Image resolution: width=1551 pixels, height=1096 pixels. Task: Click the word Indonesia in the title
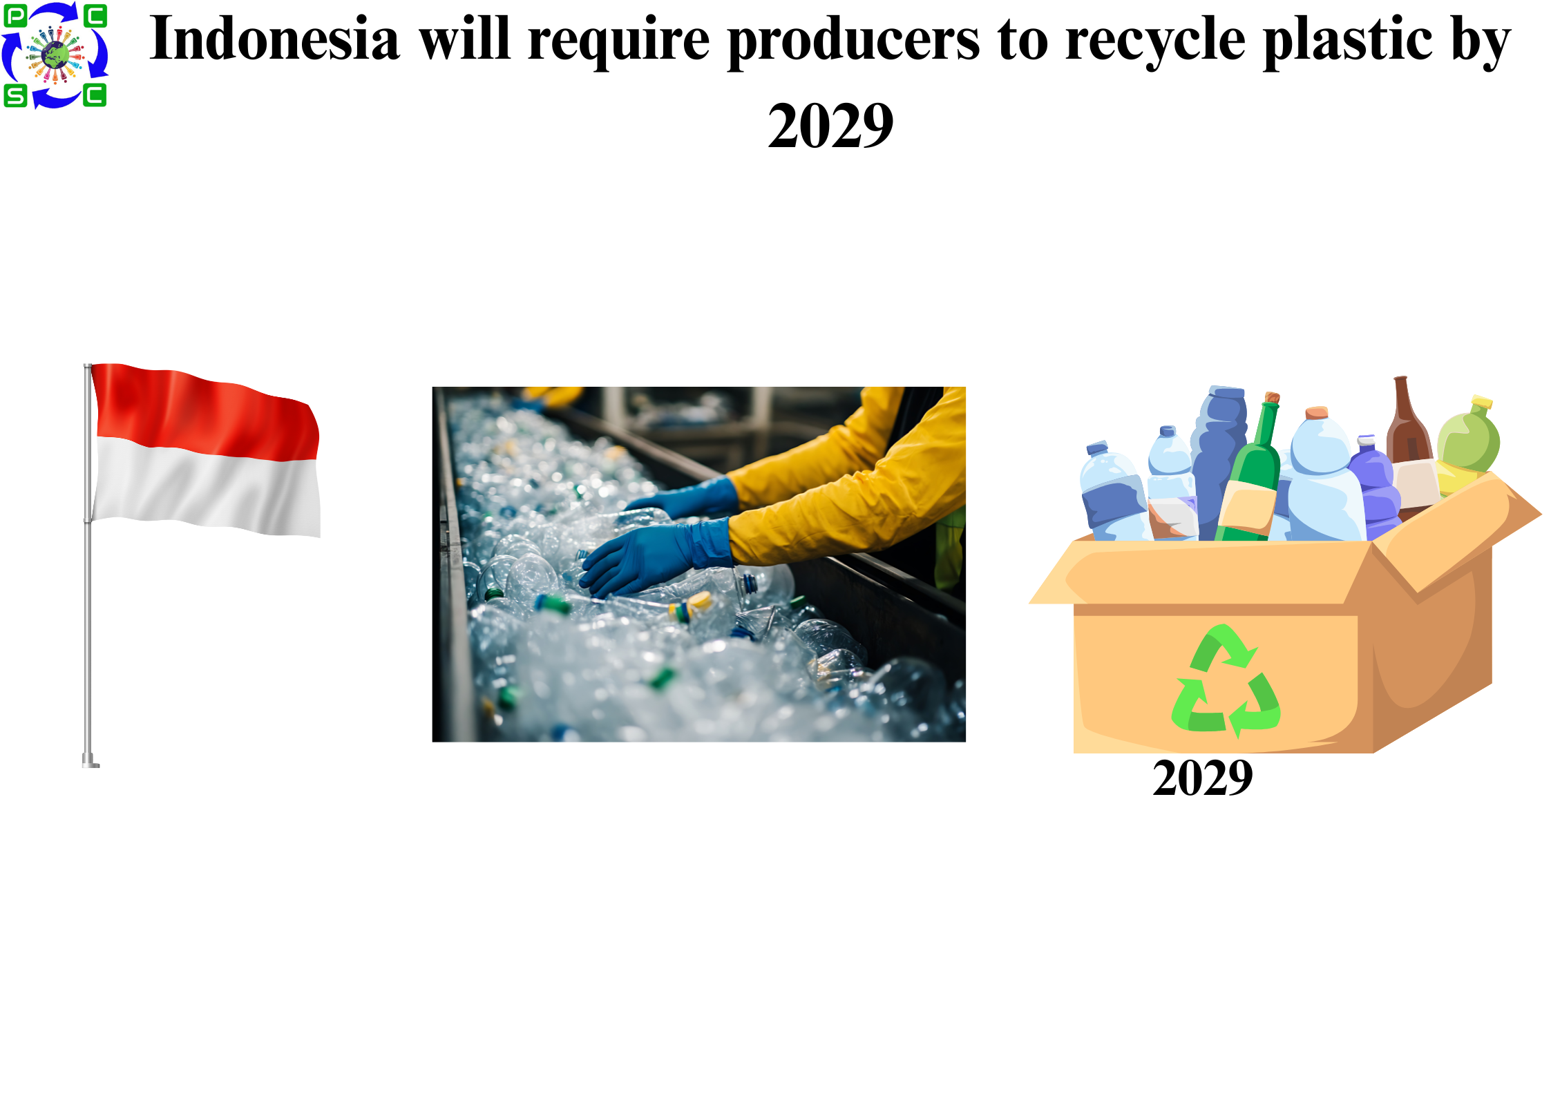(274, 39)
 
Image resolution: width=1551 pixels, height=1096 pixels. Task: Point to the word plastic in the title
(1348, 41)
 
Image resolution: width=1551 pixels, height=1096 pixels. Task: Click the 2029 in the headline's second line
(830, 125)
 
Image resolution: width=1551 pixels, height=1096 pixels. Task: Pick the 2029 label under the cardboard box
(1202, 778)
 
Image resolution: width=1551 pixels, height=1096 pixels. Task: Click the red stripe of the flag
(205, 412)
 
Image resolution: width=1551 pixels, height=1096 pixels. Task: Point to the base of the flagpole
(91, 761)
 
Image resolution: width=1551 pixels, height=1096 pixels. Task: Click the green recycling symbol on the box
(1226, 681)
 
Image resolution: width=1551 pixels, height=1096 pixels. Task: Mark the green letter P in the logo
(16, 15)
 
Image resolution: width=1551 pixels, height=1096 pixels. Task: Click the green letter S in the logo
(15, 96)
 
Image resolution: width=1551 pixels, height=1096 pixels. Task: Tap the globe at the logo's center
(55, 55)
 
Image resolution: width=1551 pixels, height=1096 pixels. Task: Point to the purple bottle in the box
(1375, 487)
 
